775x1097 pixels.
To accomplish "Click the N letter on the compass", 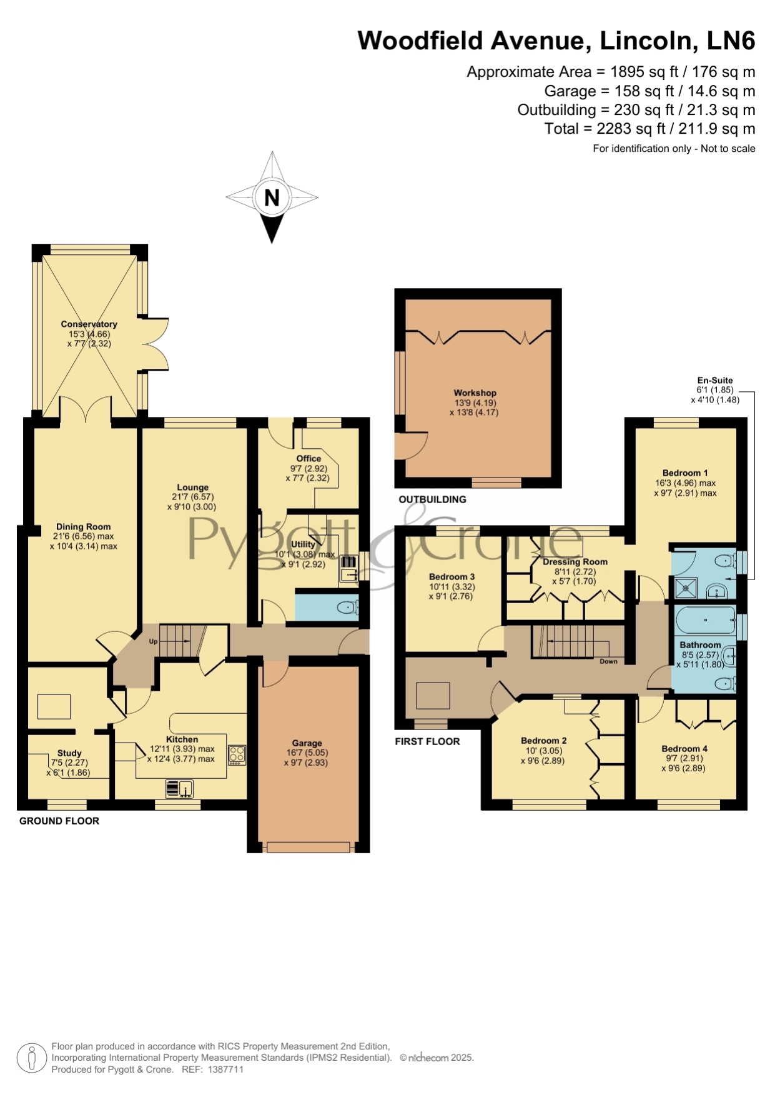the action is tap(272, 198).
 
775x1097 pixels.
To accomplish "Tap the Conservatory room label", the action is tap(89, 324).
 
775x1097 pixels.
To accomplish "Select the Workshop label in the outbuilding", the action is tap(475, 393).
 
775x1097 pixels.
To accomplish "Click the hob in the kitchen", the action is tap(237, 754).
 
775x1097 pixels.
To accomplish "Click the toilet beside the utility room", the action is tap(347, 607).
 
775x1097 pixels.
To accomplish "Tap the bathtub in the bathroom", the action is tap(706, 620).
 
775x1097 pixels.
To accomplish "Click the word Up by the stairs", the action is tap(153, 641).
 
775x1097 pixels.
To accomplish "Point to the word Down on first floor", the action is tap(608, 661).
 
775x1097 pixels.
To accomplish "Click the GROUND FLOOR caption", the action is tap(59, 821).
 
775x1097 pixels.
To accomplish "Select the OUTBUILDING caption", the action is tap(432, 499).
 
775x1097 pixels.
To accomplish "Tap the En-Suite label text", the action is tap(715, 380).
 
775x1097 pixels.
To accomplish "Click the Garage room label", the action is tap(307, 743).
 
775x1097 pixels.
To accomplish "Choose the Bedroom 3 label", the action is tap(452, 577).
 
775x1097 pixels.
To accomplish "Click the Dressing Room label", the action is tap(575, 561).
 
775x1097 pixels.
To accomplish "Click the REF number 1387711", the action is tap(225, 1069).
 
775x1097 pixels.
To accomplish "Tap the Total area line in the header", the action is tap(649, 129).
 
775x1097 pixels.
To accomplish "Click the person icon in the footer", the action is tap(31, 1058).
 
